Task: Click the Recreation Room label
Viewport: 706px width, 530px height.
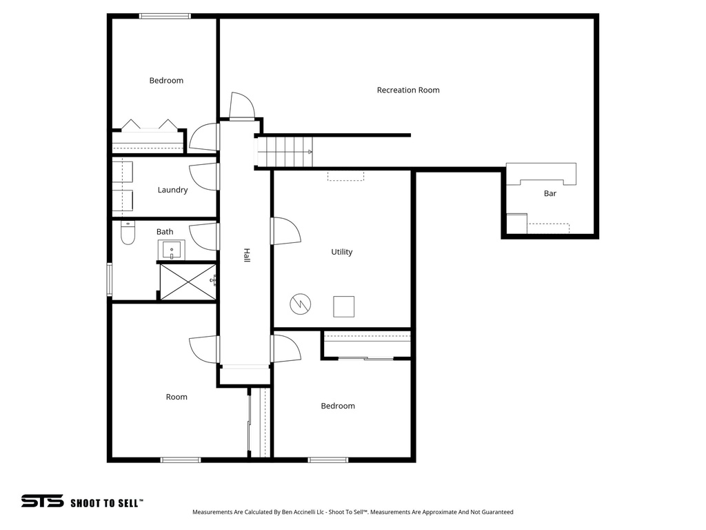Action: [408, 90]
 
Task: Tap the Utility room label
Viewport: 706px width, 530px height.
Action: [341, 252]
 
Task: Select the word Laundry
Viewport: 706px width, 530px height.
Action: [172, 190]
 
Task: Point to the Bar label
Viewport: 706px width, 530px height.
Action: [549, 193]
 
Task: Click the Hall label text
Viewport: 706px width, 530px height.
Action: [246, 255]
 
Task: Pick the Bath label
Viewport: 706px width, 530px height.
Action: [165, 232]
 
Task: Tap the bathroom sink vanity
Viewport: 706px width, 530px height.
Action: [172, 249]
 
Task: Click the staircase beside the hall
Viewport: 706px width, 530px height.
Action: [285, 151]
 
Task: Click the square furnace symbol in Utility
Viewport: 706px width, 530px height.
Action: [343, 306]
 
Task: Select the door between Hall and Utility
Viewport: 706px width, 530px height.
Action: [285, 230]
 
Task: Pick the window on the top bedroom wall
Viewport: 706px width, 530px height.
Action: [165, 16]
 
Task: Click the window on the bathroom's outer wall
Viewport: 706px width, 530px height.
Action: [109, 279]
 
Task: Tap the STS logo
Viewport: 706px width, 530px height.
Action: [42, 502]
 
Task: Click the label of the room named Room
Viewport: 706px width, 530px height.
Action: [176, 397]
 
